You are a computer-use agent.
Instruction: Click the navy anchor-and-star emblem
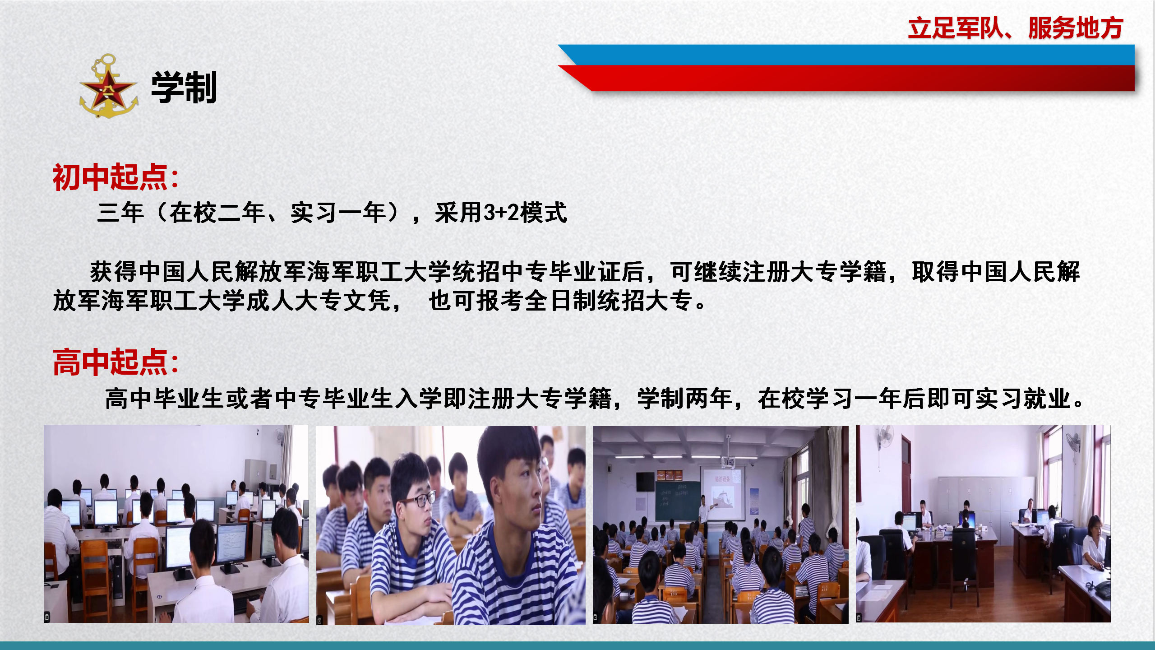coord(109,86)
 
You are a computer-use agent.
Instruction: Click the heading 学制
coord(184,87)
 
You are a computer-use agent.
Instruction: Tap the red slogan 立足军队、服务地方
coord(1015,28)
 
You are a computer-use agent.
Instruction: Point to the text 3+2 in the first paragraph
coord(502,213)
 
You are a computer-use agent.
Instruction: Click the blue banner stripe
coord(846,55)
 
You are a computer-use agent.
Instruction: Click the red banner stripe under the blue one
coord(846,78)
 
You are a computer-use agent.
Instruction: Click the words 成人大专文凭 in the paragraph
coord(318,301)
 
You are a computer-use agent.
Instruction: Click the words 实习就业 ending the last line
coord(1022,399)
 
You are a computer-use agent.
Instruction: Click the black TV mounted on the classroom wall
coord(645,482)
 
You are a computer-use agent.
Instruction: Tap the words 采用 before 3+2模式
coord(459,213)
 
